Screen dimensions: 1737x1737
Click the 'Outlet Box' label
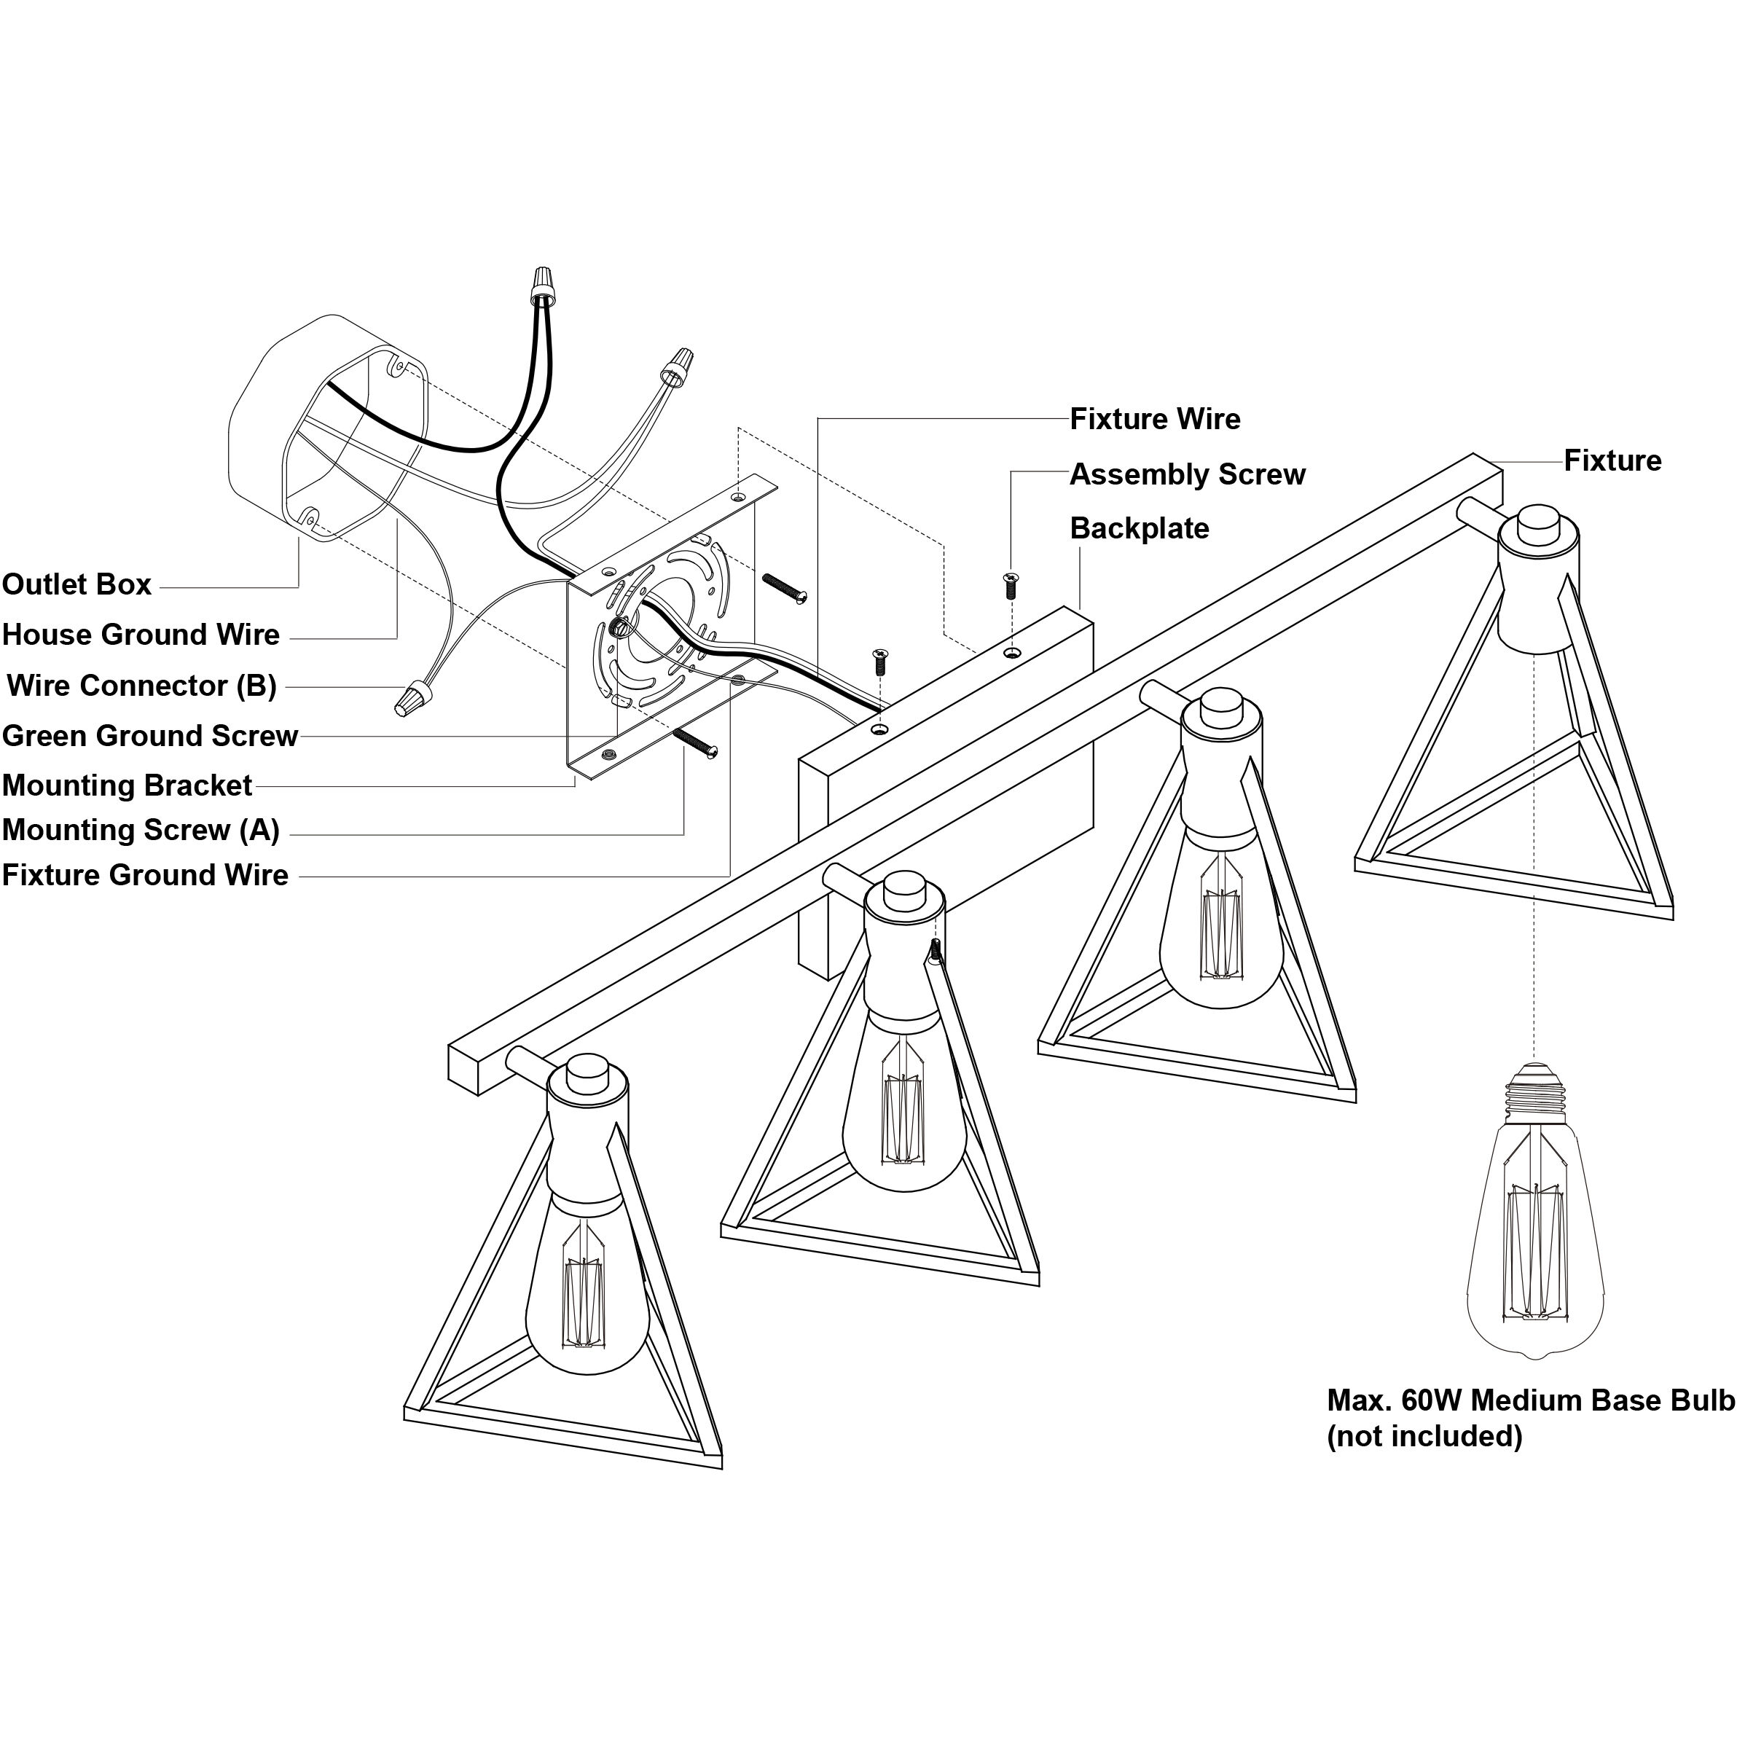77,584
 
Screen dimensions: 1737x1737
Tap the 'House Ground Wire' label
141,635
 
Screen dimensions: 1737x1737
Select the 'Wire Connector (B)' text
142,686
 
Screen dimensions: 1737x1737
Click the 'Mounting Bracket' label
127,785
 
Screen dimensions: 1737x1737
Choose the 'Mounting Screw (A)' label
141,830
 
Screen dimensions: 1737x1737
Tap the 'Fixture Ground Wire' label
146,875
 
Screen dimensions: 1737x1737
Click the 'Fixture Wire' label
1154,419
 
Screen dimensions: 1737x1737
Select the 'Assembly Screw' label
1187,475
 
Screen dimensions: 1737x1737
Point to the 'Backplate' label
1139,529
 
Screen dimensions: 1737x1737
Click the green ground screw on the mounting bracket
619,629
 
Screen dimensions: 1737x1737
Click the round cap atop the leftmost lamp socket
588,1073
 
